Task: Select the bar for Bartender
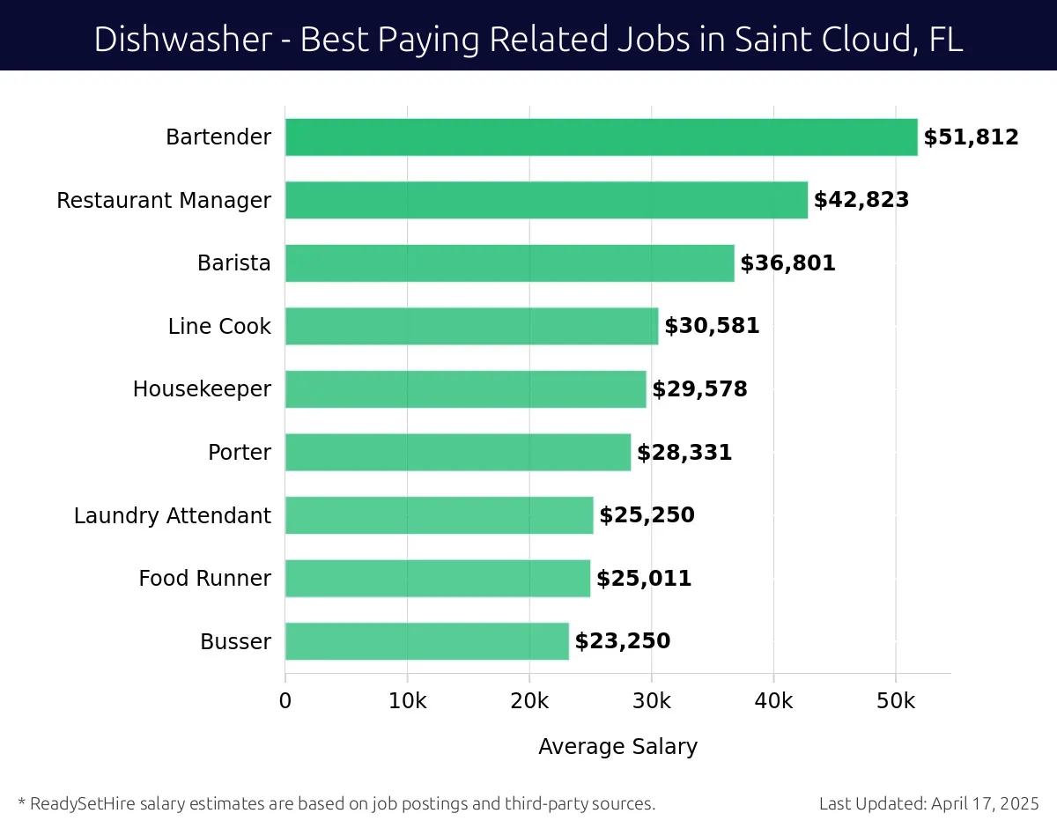coord(601,137)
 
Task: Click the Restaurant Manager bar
coord(546,200)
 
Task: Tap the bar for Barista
coord(509,263)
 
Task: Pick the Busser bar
coord(426,641)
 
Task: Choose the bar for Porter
coord(458,452)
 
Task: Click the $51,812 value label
coord(971,137)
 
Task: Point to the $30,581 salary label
coord(712,327)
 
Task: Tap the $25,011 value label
coord(644,579)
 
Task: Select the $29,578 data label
coord(699,389)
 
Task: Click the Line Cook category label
coord(219,327)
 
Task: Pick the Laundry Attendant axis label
coord(173,515)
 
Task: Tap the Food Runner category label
coord(204,579)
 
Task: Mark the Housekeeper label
coord(202,389)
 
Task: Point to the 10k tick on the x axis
coord(407,701)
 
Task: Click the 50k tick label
coord(896,701)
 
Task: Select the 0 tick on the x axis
coord(285,701)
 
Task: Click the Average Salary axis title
coord(617,747)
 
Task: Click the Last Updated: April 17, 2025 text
coord(928,803)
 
